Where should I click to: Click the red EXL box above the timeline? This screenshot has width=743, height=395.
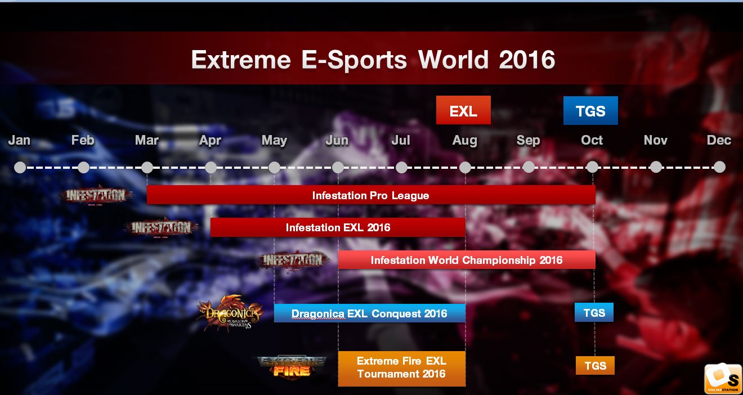463,110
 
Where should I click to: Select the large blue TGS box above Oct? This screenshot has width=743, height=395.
590,110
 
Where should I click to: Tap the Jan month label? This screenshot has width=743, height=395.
19,140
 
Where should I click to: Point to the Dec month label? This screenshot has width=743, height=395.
719,140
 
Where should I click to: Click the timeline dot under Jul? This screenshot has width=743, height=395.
401,167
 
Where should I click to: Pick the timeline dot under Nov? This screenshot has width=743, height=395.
656,167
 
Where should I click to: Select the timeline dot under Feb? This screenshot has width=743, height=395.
83,167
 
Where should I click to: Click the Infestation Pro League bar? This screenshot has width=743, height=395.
371,195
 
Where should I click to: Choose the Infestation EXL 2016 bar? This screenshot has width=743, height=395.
338,227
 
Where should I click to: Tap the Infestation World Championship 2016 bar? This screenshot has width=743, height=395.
467,260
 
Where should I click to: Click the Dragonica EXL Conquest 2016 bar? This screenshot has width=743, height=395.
369,313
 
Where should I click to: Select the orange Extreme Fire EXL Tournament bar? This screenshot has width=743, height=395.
401,369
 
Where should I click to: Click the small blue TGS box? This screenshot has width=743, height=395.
594,312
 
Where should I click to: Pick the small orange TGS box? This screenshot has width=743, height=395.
595,366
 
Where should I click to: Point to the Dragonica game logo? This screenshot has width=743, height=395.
230,313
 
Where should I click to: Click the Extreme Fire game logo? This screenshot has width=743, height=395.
292,366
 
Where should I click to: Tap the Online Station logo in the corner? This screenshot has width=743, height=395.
723,379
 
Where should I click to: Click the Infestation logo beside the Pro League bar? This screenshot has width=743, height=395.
96,195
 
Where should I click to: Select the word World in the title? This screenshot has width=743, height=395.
453,60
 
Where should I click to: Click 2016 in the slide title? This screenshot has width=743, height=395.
527,60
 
